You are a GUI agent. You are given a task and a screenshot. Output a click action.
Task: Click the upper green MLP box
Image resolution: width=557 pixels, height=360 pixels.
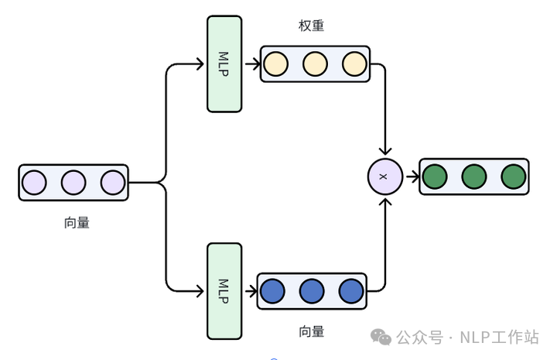(224, 63)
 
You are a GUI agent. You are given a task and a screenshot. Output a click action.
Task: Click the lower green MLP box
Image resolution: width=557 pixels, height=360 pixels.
(224, 291)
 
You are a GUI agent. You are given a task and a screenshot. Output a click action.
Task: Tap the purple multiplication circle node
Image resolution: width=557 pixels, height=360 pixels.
(384, 177)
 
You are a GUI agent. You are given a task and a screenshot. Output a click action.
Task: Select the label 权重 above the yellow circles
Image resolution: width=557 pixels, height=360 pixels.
(311, 26)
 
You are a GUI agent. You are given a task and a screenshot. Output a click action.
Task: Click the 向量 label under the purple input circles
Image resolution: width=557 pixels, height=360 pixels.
(77, 223)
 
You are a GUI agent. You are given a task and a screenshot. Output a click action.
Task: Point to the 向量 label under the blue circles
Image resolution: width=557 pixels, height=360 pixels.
(311, 331)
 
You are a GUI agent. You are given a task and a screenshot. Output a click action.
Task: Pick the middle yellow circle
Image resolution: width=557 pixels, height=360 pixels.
(315, 64)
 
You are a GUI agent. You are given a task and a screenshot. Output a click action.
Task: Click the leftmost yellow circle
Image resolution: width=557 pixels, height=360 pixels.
(275, 64)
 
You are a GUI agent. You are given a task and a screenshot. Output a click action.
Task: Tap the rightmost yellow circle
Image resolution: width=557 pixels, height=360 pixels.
(354, 64)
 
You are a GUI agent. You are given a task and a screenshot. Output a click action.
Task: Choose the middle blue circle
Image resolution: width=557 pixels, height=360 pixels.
(312, 291)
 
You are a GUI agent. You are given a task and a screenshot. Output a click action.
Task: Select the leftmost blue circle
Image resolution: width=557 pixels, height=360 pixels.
(272, 291)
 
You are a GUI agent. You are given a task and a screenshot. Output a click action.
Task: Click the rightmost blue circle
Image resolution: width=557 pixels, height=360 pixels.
(350, 291)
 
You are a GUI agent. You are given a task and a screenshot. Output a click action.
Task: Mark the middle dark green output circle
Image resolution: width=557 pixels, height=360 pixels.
(474, 177)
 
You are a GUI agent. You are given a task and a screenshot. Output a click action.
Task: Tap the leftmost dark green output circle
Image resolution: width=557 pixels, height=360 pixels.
(436, 177)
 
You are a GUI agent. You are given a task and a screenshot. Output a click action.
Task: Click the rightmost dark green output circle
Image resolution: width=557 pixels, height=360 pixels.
(513, 177)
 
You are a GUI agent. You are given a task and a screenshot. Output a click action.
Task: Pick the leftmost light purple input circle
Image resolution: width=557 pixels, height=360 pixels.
(34, 183)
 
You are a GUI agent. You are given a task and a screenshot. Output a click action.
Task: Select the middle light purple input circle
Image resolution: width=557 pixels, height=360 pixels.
(73, 183)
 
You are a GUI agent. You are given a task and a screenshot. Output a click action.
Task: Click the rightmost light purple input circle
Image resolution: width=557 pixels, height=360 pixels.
(112, 183)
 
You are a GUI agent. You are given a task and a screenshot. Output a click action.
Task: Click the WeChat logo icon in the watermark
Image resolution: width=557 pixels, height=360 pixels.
(381, 337)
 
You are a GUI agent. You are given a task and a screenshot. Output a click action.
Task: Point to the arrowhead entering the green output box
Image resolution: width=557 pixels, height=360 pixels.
(415, 177)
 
